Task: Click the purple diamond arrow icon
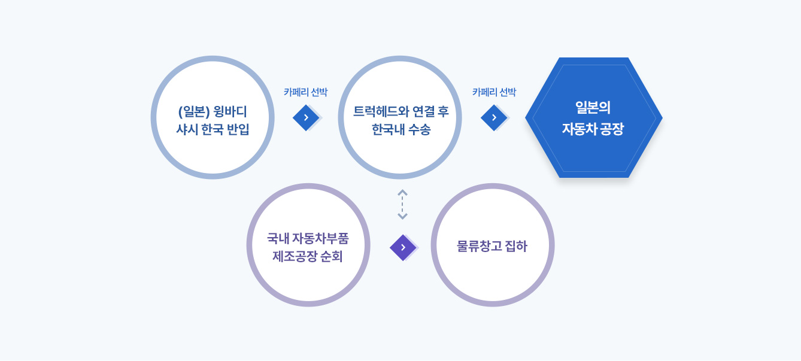coord(403,247)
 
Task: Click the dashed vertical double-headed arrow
coord(402,205)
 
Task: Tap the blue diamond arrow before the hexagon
coord(494,117)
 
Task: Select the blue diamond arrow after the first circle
coord(306,117)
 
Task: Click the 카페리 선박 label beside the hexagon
coord(494,92)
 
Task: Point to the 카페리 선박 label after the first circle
coord(305,92)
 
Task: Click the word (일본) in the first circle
coord(193,112)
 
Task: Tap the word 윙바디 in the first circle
coord(230,112)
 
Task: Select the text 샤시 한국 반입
coord(213,129)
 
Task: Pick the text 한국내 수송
coord(401,129)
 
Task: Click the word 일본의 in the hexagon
coord(593,108)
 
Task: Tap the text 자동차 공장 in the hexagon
coord(593,129)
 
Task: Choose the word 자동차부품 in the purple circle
coord(320,238)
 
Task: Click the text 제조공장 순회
coord(308,256)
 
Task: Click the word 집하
coord(515,246)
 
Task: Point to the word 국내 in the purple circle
coord(278,238)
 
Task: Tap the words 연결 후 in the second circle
coord(430,112)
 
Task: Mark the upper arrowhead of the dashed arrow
coord(402,192)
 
